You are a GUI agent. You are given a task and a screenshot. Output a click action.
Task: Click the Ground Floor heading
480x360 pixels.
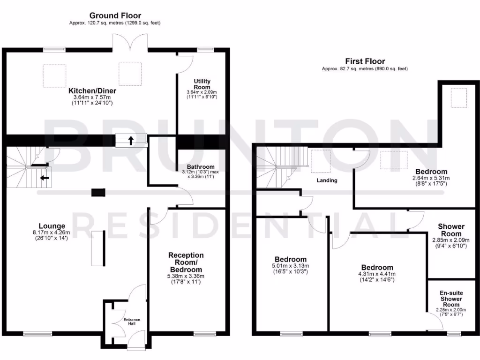(115, 15)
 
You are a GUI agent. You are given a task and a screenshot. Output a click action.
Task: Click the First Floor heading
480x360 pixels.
(365, 61)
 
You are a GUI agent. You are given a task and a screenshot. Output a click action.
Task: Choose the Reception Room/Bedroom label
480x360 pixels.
(186, 262)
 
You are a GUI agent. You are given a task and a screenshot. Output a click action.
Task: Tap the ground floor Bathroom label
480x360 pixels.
(201, 166)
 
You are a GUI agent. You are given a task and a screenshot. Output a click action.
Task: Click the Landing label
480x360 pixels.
(327, 180)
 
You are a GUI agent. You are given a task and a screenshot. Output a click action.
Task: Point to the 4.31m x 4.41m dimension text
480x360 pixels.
(377, 274)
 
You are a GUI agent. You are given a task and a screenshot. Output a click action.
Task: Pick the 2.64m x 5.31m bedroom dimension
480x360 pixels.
(430, 178)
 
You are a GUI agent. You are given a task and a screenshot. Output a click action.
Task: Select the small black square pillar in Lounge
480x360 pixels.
(98, 192)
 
